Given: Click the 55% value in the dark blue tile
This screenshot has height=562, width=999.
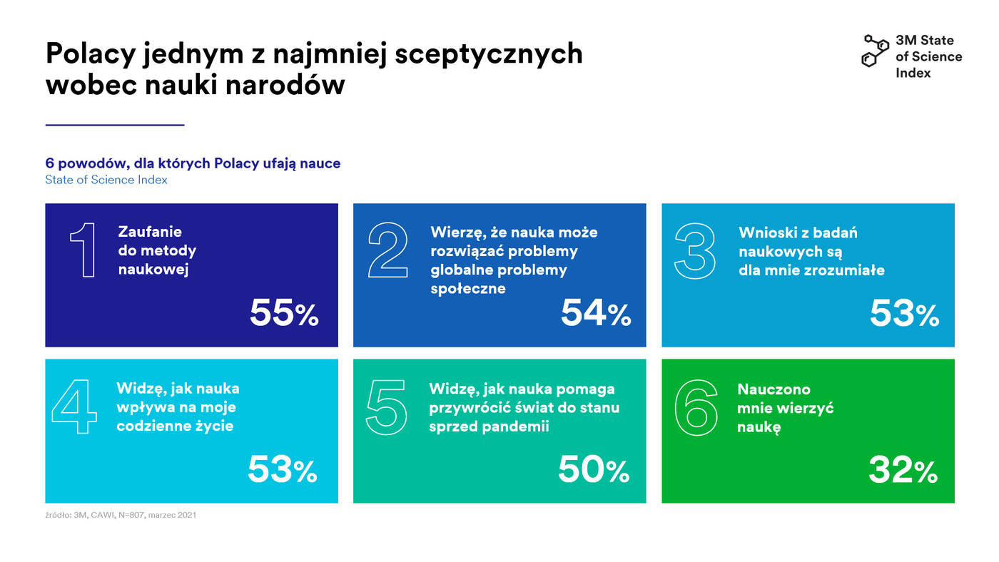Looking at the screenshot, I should point(283,313).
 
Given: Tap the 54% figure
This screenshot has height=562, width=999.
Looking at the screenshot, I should point(596,313).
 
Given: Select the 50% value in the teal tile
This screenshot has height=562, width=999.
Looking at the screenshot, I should point(593,469).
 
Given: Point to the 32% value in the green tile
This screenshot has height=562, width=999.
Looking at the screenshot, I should point(902,469).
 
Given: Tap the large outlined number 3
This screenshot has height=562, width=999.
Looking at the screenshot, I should point(695,251).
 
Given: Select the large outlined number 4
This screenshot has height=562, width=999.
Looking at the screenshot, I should point(74,407).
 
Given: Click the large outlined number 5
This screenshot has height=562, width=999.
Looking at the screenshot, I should point(387,407).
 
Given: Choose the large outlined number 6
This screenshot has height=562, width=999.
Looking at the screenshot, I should point(696,407).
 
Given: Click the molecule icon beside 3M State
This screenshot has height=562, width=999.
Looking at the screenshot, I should point(875,50).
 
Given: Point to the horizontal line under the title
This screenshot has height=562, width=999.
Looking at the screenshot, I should point(115,125).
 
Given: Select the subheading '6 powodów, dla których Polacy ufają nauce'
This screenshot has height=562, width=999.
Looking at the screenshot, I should point(193,163).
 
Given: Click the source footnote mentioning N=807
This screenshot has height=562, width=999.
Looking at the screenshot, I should point(121,514).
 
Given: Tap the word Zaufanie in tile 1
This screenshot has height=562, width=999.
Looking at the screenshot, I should point(150,232).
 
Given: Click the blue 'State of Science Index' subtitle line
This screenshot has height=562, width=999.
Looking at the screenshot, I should point(106,180).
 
